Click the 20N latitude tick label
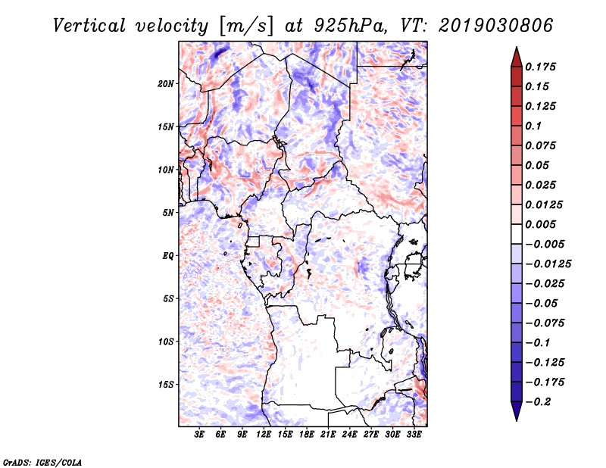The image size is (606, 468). click(165, 84)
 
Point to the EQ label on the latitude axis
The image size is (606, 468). click(167, 256)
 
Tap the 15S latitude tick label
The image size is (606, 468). click(165, 385)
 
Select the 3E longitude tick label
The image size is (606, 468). click(199, 435)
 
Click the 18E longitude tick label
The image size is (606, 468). click(307, 435)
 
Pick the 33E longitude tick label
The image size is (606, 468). click(414, 435)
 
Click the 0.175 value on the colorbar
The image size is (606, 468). click(540, 67)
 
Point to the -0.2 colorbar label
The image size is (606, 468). click(538, 402)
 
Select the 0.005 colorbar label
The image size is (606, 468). click(540, 224)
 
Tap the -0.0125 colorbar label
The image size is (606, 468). click(548, 264)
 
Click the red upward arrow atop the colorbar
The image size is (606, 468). click(517, 57)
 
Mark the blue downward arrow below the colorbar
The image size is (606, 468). click(517, 411)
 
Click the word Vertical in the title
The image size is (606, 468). click(89, 26)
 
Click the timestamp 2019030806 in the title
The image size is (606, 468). click(495, 26)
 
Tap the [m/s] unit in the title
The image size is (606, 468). click(246, 27)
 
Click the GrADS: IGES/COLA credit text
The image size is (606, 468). click(42, 463)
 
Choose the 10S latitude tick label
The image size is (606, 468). click(165, 342)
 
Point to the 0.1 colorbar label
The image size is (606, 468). click(533, 126)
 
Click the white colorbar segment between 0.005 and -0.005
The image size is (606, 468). click(517, 234)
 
